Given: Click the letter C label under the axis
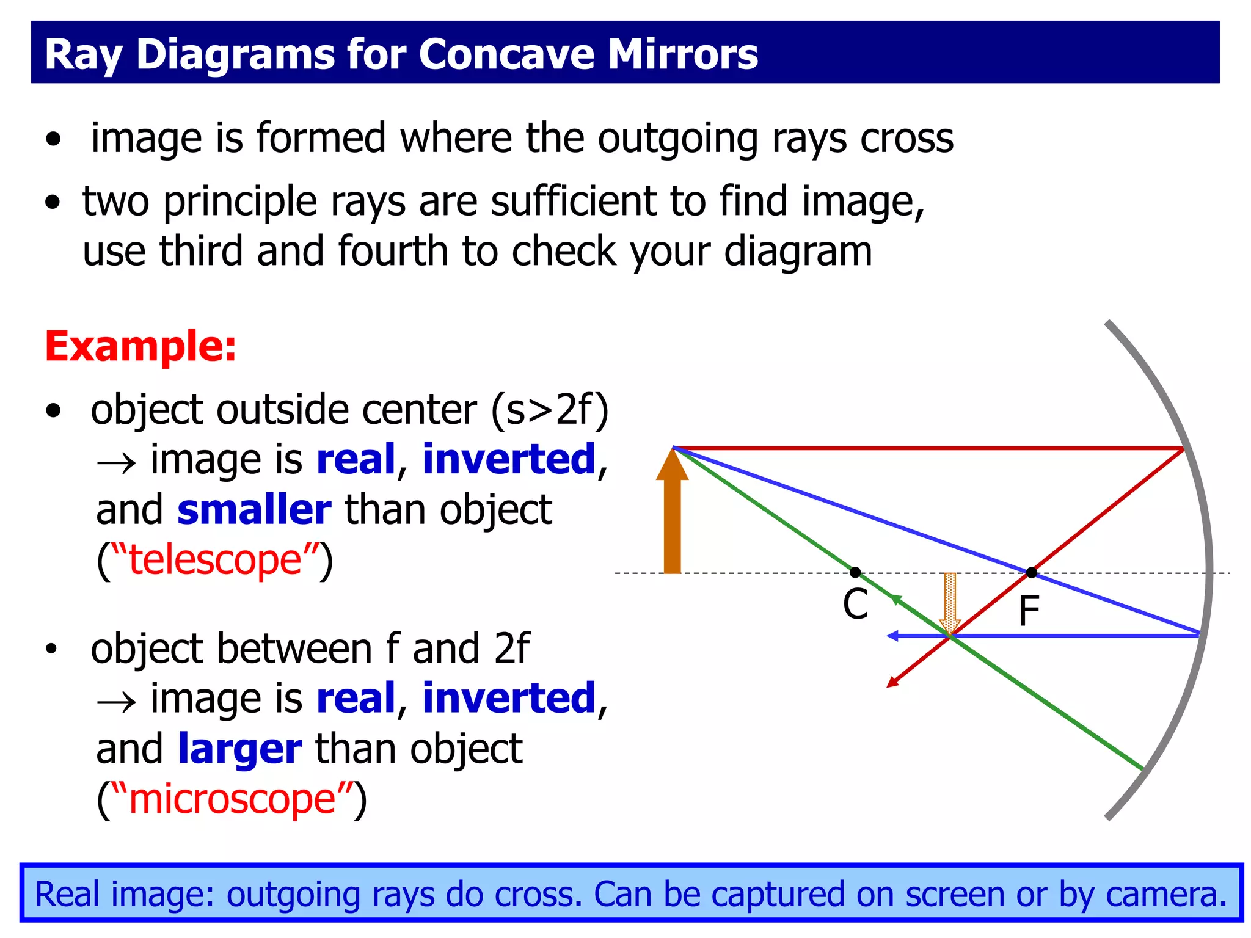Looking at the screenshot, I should click(x=855, y=605).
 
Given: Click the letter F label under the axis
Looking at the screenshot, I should click(x=1029, y=611).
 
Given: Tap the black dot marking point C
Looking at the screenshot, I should click(x=855, y=572).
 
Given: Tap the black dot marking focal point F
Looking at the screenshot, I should click(x=1032, y=572).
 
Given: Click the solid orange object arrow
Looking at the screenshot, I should click(x=672, y=519).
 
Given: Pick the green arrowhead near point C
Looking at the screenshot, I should click(x=895, y=599).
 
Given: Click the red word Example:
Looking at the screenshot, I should click(x=140, y=346).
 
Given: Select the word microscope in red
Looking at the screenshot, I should click(x=232, y=798).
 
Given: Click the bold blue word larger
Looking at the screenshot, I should click(x=239, y=749).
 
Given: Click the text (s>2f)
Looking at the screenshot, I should click(x=550, y=410).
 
